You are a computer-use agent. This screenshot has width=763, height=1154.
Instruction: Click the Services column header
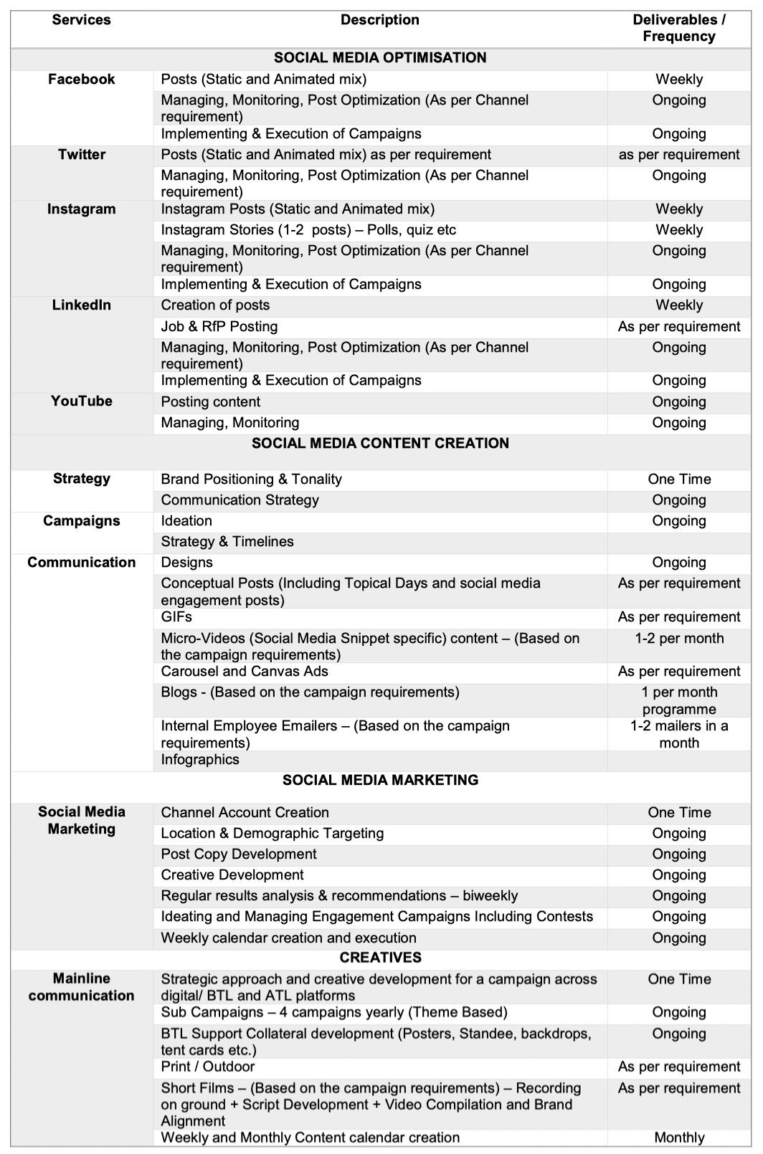pyautogui.click(x=81, y=20)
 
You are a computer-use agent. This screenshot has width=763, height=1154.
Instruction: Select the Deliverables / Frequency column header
pyautogui.click(x=678, y=28)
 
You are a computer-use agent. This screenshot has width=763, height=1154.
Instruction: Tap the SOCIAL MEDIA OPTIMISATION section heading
pyautogui.click(x=380, y=58)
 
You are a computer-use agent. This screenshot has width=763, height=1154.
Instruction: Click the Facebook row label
pyautogui.click(x=81, y=80)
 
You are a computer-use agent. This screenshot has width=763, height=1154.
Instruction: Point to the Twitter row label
pyautogui.click(x=81, y=155)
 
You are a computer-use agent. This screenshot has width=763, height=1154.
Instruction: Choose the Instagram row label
pyautogui.click(x=81, y=209)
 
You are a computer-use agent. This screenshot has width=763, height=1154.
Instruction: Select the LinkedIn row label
pyautogui.click(x=81, y=305)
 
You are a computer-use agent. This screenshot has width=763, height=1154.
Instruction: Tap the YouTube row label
pyautogui.click(x=81, y=401)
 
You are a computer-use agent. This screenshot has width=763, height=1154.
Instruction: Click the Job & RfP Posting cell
pyautogui.click(x=219, y=327)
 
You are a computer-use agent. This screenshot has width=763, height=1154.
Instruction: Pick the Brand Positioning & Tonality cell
pyautogui.click(x=251, y=480)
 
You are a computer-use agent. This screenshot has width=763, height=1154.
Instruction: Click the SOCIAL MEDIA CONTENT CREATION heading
pyautogui.click(x=380, y=444)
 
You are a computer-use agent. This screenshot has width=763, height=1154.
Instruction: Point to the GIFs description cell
pyautogui.click(x=176, y=617)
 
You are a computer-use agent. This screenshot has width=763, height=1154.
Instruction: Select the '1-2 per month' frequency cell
pyautogui.click(x=678, y=639)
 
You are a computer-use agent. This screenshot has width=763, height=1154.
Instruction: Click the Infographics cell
pyautogui.click(x=200, y=760)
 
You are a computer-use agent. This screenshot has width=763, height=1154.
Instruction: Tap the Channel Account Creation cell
pyautogui.click(x=245, y=813)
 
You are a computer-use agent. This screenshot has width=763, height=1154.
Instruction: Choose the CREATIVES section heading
pyautogui.click(x=380, y=958)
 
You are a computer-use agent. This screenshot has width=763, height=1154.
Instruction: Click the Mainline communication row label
pyautogui.click(x=81, y=987)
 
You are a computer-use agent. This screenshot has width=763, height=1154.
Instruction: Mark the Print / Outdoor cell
pyautogui.click(x=207, y=1067)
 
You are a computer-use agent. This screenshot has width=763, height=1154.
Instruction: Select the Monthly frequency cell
pyautogui.click(x=678, y=1138)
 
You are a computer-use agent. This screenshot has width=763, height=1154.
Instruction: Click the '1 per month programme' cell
pyautogui.click(x=678, y=701)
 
